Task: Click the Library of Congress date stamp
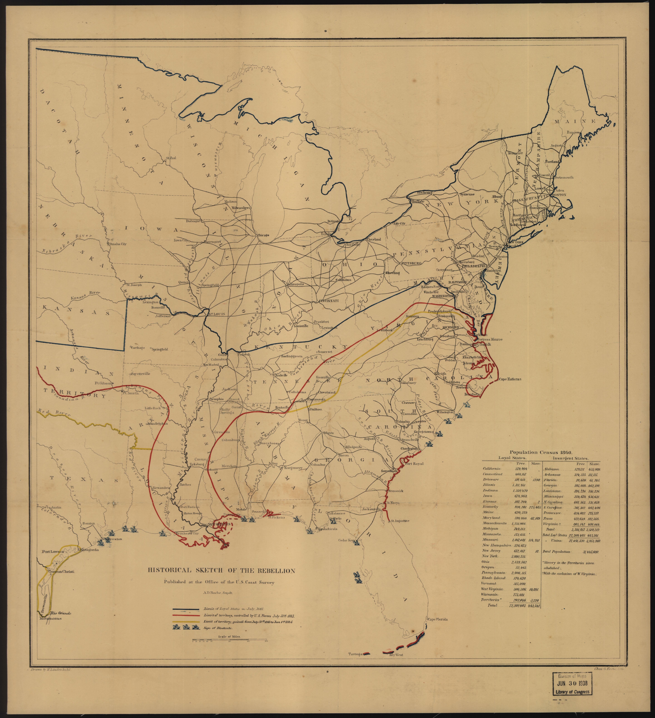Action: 572,693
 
